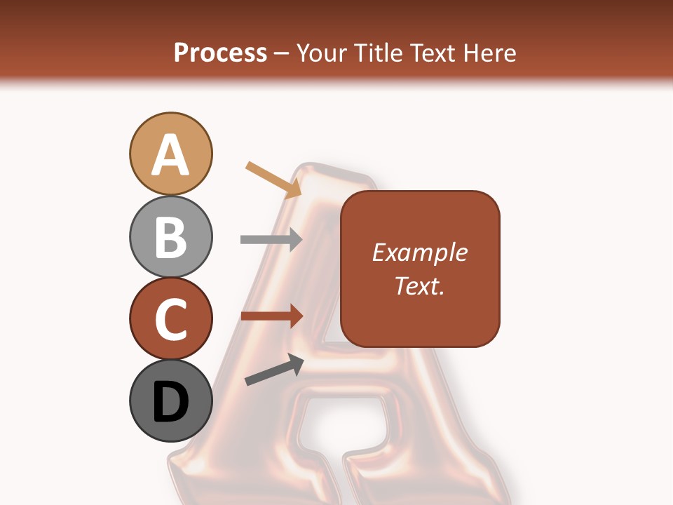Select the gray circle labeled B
170,236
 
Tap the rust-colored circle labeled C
170,318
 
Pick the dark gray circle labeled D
170,401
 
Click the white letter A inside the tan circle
170,154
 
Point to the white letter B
170,237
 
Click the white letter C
170,319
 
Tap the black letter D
170,402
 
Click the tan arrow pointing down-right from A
273,180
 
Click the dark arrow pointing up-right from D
274,370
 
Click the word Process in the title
220,53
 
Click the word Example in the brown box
419,252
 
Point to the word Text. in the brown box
419,285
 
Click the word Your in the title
322,53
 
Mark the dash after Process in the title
282,54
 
